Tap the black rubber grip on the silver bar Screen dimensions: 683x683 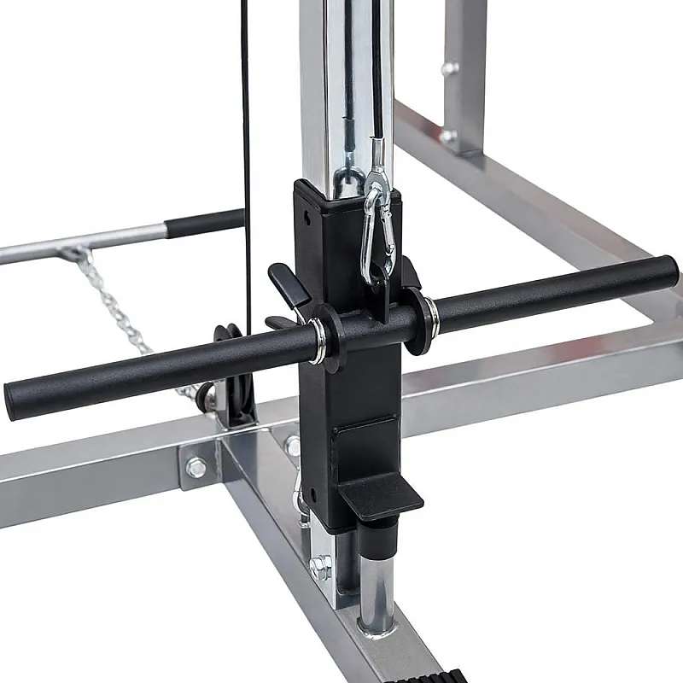[204, 224]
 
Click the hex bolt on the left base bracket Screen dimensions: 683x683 [196, 467]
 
